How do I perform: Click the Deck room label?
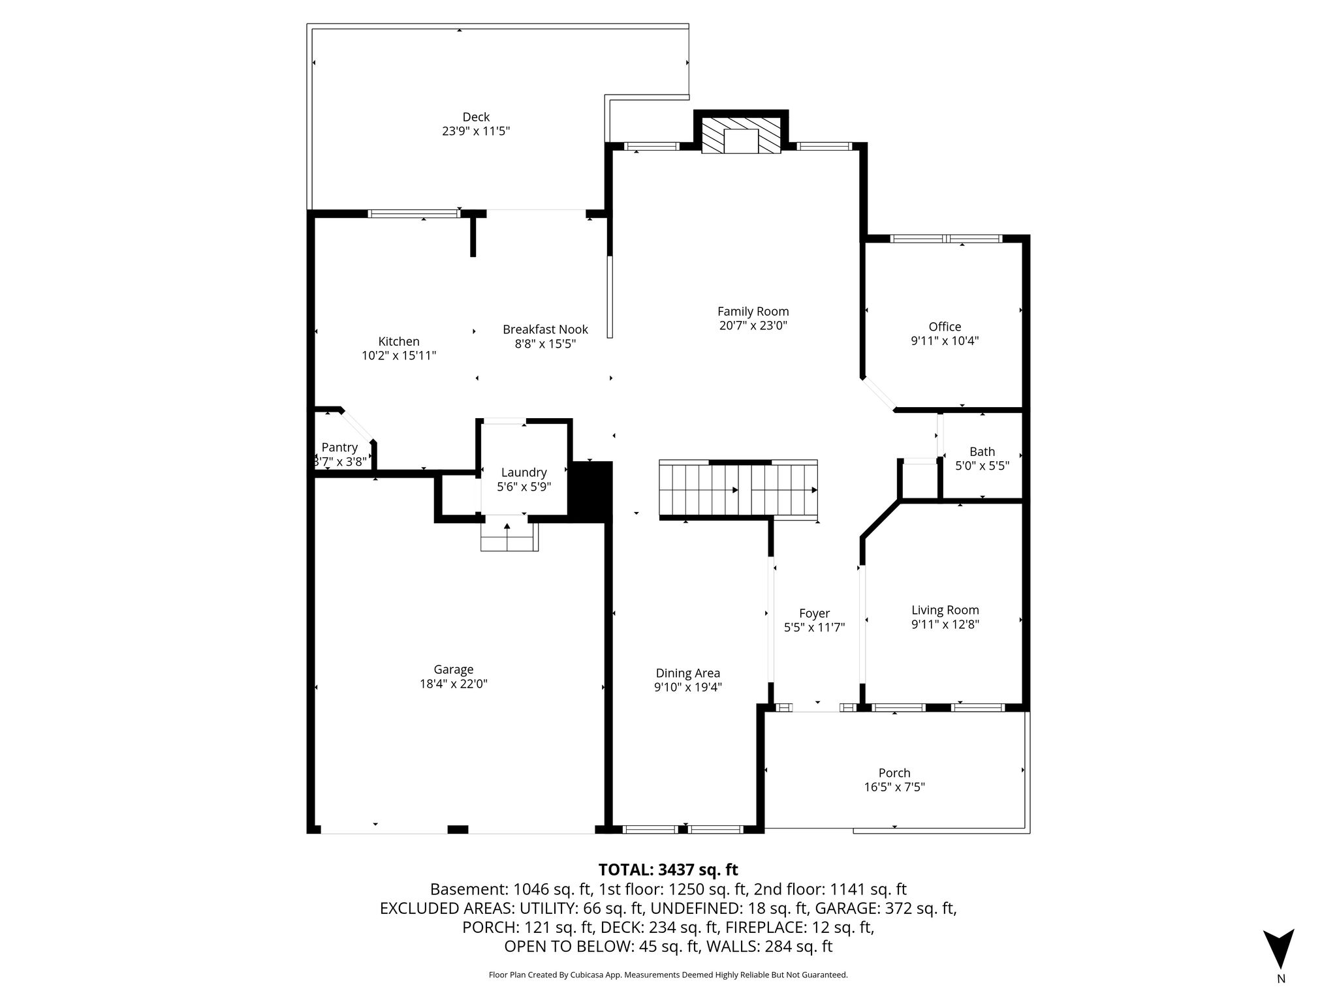coord(476,117)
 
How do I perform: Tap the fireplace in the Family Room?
coord(741,136)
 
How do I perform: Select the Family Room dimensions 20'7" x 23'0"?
coord(753,326)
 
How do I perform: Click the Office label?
coord(945,327)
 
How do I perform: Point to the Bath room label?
coord(982,451)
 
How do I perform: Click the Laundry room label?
coord(524,472)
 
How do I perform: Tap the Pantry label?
coord(339,448)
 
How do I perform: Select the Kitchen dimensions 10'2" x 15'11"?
coord(399,356)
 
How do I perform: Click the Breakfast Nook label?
coord(545,329)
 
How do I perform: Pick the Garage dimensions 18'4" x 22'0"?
coord(454,684)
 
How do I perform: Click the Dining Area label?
coord(688,673)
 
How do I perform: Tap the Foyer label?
coord(814,613)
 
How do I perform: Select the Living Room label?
coord(945,611)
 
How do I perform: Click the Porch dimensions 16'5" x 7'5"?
coord(894,787)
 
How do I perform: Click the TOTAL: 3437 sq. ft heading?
coord(668,870)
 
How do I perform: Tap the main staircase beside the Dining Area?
coord(738,490)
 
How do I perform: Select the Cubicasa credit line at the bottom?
coord(668,975)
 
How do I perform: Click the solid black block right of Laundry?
coord(592,491)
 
